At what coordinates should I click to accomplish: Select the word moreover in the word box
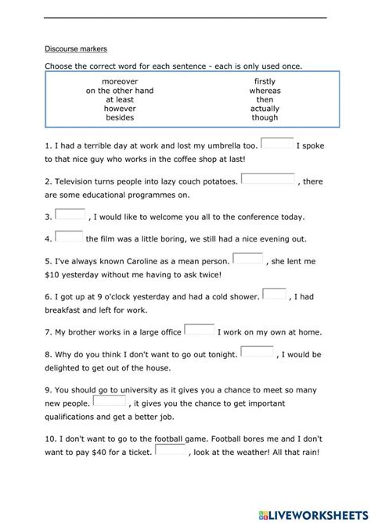(x=120, y=81)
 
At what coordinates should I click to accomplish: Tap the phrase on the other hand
(x=120, y=91)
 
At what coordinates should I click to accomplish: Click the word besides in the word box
(x=120, y=118)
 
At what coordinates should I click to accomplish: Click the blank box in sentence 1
(x=277, y=144)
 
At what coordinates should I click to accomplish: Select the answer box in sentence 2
(x=269, y=179)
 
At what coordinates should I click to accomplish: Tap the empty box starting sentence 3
(x=70, y=214)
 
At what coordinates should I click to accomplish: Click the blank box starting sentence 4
(x=69, y=236)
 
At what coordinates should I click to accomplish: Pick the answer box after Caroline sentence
(x=248, y=259)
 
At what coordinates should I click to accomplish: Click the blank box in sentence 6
(x=274, y=294)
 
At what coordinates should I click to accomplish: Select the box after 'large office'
(x=199, y=329)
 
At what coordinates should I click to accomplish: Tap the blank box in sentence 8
(x=257, y=352)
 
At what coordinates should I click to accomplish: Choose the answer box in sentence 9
(x=110, y=400)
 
